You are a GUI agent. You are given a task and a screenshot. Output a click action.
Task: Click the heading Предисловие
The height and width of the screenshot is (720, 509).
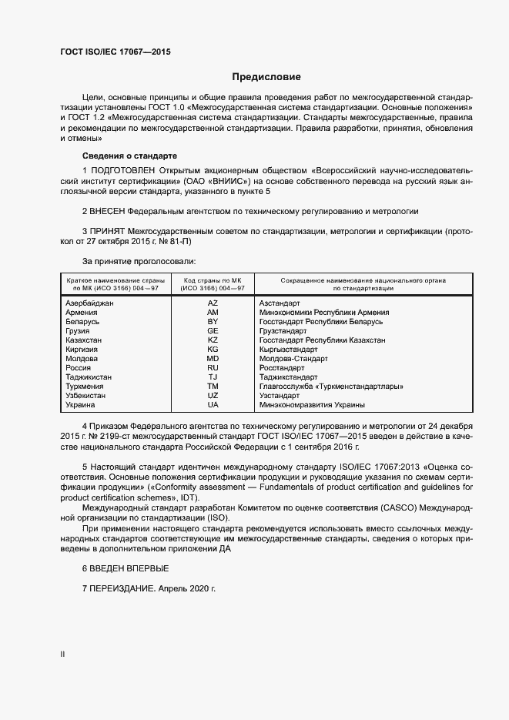click(x=266, y=77)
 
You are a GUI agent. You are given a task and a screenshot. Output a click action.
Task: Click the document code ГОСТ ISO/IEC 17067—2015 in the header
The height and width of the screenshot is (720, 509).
click(x=115, y=52)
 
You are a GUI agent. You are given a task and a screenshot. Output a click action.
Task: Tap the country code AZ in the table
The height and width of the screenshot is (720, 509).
click(x=213, y=303)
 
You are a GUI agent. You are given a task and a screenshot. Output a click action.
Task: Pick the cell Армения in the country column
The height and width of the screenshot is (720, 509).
click(x=82, y=313)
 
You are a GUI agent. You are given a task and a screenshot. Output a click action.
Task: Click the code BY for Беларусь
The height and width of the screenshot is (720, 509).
click(x=213, y=322)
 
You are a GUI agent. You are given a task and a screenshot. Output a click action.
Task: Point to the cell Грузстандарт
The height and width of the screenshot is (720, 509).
click(x=283, y=331)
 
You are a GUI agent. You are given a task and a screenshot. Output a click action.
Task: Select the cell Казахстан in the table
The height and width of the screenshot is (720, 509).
click(x=84, y=340)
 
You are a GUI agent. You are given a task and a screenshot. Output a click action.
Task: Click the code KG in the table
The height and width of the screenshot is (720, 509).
click(x=213, y=350)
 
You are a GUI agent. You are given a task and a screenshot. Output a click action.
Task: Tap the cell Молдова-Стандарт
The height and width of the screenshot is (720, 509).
click(x=293, y=359)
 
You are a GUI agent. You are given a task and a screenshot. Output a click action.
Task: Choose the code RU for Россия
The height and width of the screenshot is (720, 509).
click(x=213, y=368)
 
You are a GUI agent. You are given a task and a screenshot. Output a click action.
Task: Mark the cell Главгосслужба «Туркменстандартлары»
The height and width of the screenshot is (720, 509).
click(x=331, y=387)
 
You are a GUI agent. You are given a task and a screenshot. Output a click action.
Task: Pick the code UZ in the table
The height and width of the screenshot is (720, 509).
click(x=213, y=396)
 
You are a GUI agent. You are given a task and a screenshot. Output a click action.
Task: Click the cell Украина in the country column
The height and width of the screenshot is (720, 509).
click(x=81, y=405)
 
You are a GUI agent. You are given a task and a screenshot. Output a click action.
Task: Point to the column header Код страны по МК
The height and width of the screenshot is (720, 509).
click(x=213, y=280)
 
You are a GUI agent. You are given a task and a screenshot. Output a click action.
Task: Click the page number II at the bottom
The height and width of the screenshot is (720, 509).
click(x=62, y=654)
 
